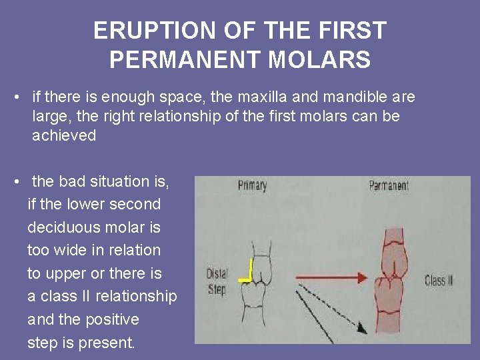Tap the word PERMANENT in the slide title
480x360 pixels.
(178, 60)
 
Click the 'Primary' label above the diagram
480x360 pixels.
(252, 185)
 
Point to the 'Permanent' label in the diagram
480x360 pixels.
(389, 185)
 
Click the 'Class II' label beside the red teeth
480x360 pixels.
(438, 280)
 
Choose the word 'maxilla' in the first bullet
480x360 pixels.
(256, 97)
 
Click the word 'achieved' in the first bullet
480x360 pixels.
(64, 136)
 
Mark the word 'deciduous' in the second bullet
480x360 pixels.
(61, 227)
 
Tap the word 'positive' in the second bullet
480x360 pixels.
(113, 319)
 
